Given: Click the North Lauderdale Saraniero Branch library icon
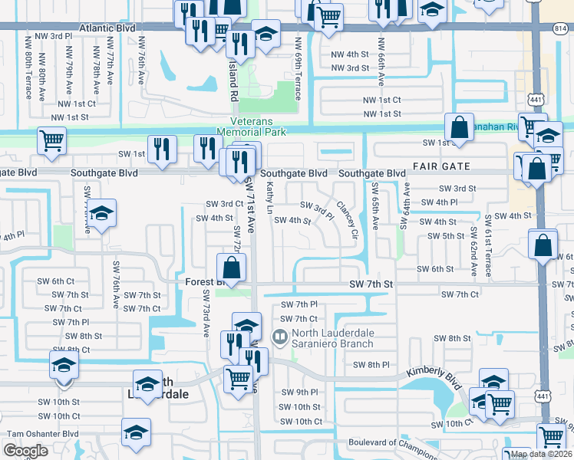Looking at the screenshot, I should [280, 335].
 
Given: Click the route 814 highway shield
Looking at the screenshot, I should [555, 28].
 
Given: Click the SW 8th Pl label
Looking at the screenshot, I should [375, 365].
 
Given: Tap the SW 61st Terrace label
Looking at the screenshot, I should [488, 250].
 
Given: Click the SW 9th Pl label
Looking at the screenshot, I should [300, 393].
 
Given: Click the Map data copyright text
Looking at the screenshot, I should [542, 454].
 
